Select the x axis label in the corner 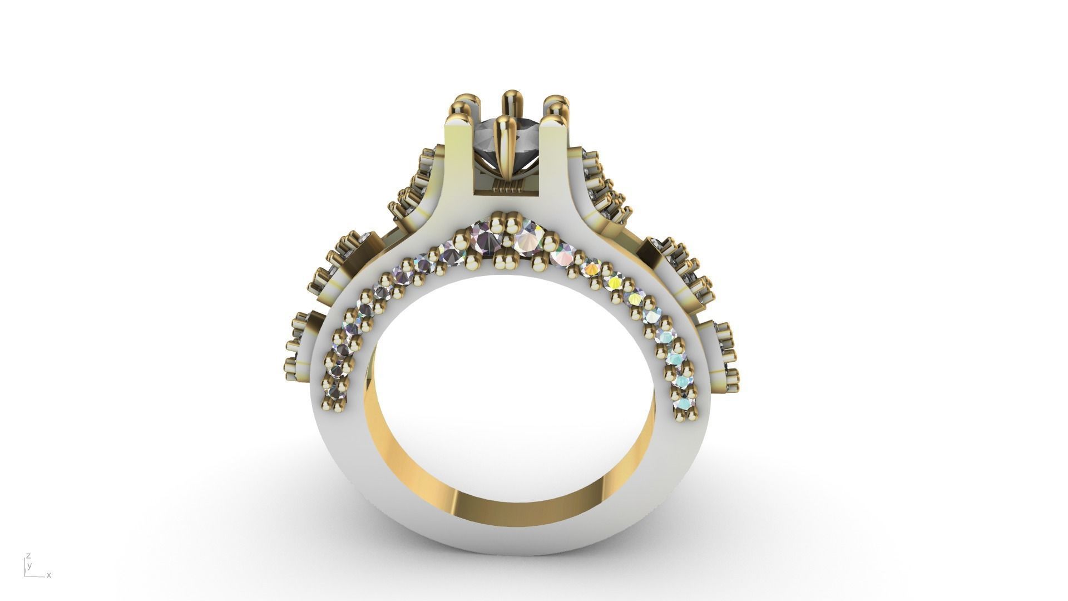pyautogui.click(x=49, y=575)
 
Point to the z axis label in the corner pyautogui.click(x=28, y=556)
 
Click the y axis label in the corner pyautogui.click(x=30, y=565)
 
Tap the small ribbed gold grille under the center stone pyautogui.click(x=507, y=186)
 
